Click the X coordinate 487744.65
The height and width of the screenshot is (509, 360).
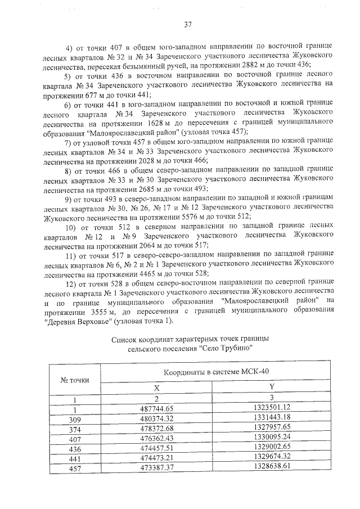(x=157, y=407)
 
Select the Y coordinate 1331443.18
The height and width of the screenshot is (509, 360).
(x=271, y=417)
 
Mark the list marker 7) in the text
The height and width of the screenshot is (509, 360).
(x=69, y=143)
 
